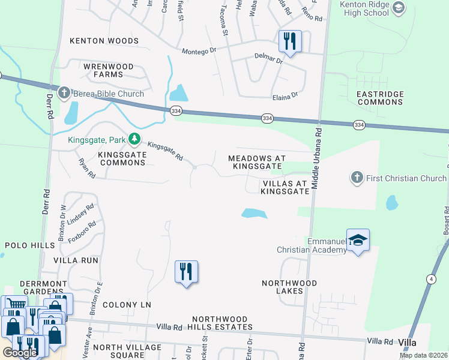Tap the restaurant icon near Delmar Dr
(289, 41)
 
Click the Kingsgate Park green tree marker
(135, 139)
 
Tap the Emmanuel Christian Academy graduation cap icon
(358, 240)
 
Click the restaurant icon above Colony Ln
(186, 272)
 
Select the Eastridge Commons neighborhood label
(380, 98)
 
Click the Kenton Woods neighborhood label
(104, 41)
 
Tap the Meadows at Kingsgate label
(255, 161)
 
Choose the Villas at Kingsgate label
(285, 187)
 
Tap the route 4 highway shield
(431, 278)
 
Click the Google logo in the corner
(19, 353)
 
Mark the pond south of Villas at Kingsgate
(254, 213)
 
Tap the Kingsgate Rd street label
(165, 151)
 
